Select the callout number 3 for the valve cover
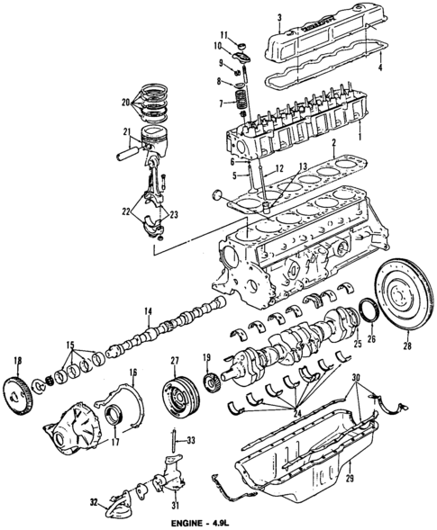coord(280,18)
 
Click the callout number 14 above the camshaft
coord(144,312)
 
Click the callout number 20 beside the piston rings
coord(127,102)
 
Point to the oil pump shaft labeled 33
coord(170,444)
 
